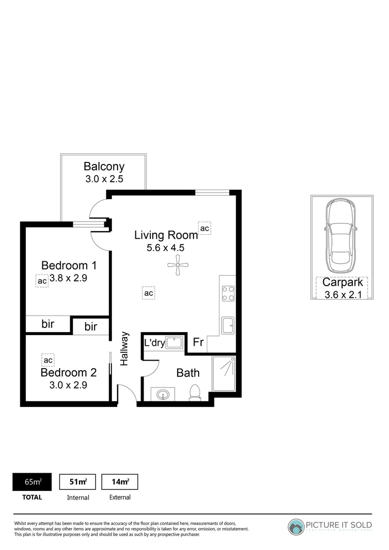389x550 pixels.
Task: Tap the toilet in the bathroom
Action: (x=194, y=393)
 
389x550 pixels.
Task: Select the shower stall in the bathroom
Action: (x=224, y=373)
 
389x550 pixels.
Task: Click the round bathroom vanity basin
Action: (x=163, y=394)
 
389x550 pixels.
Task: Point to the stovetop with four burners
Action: (x=228, y=292)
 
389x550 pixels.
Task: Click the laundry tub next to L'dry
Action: (x=174, y=342)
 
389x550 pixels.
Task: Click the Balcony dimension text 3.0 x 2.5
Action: (x=104, y=179)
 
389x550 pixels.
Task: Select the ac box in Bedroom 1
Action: (x=42, y=281)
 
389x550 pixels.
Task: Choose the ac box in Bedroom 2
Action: (x=48, y=361)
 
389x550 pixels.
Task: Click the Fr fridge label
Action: (x=198, y=343)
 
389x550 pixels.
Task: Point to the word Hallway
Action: (x=124, y=349)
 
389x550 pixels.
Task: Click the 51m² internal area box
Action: (x=77, y=482)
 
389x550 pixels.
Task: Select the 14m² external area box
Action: (x=120, y=482)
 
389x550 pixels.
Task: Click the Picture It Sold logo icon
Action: (x=296, y=527)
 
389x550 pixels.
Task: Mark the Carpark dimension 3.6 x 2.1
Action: (x=343, y=294)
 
